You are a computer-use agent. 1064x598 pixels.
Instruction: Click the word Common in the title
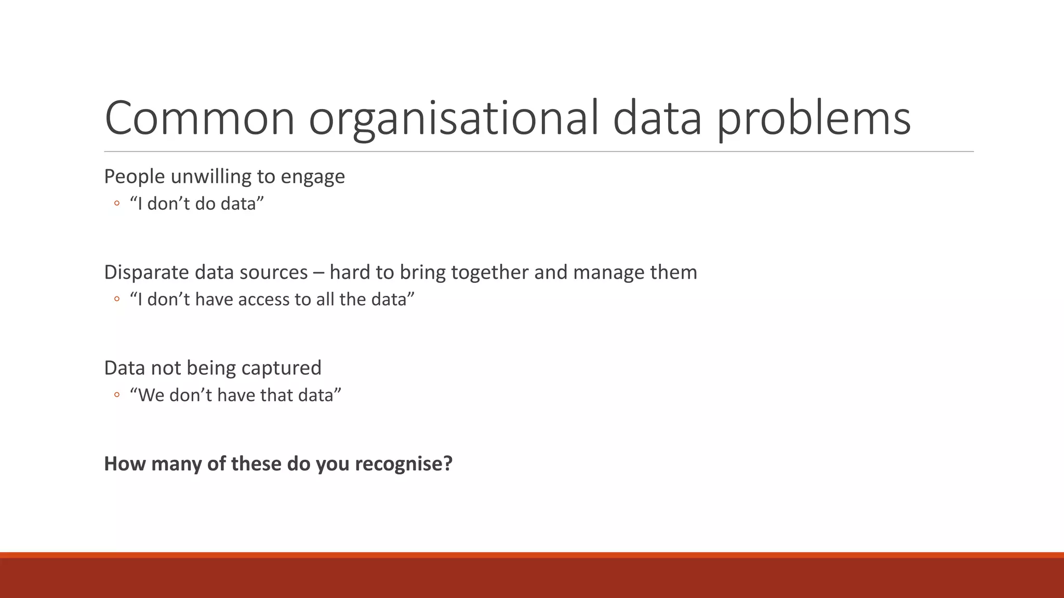[x=199, y=118]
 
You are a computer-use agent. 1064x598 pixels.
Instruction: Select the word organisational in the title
[x=454, y=118]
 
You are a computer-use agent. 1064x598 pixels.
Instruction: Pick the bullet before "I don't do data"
[x=116, y=203]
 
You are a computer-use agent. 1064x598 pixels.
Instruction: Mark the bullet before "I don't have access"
[x=116, y=299]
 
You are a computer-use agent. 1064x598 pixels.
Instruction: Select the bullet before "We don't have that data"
[x=116, y=395]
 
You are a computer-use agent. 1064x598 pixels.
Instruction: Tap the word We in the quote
[x=151, y=395]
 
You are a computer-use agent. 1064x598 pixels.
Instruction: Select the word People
[x=135, y=177]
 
